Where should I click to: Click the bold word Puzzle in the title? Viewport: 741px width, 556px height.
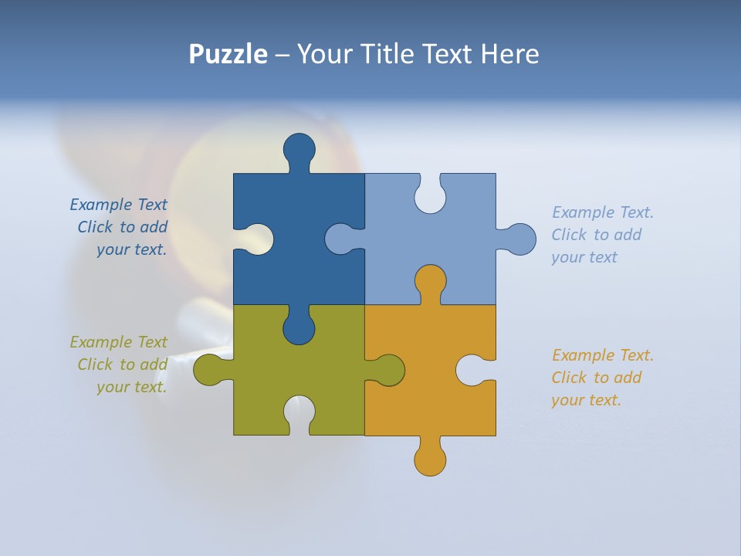coord(228,54)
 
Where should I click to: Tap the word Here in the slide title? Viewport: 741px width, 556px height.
coord(509,54)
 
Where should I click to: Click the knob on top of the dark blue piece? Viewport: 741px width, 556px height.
coord(299,148)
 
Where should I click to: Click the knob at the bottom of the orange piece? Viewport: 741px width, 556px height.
coord(430,459)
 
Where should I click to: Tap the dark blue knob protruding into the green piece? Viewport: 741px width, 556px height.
coord(299,328)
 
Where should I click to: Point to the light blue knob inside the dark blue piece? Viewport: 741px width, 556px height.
coord(340,239)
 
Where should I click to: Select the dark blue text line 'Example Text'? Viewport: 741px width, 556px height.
coord(118,205)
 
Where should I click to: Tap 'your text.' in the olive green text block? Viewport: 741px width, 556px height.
coord(131,387)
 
